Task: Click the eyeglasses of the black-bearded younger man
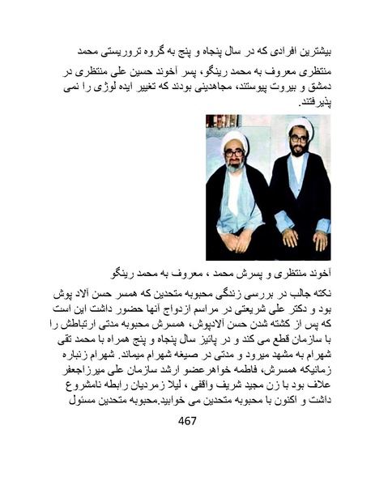(x=297, y=138)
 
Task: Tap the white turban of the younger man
(x=298, y=122)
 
